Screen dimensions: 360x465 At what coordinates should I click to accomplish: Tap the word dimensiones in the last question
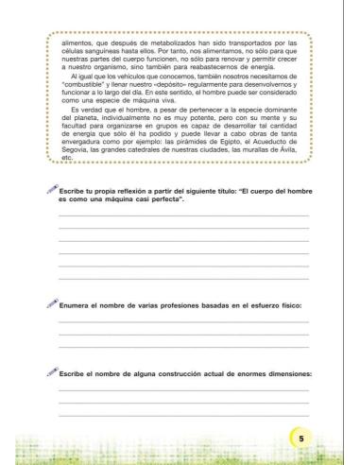[281, 373]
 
